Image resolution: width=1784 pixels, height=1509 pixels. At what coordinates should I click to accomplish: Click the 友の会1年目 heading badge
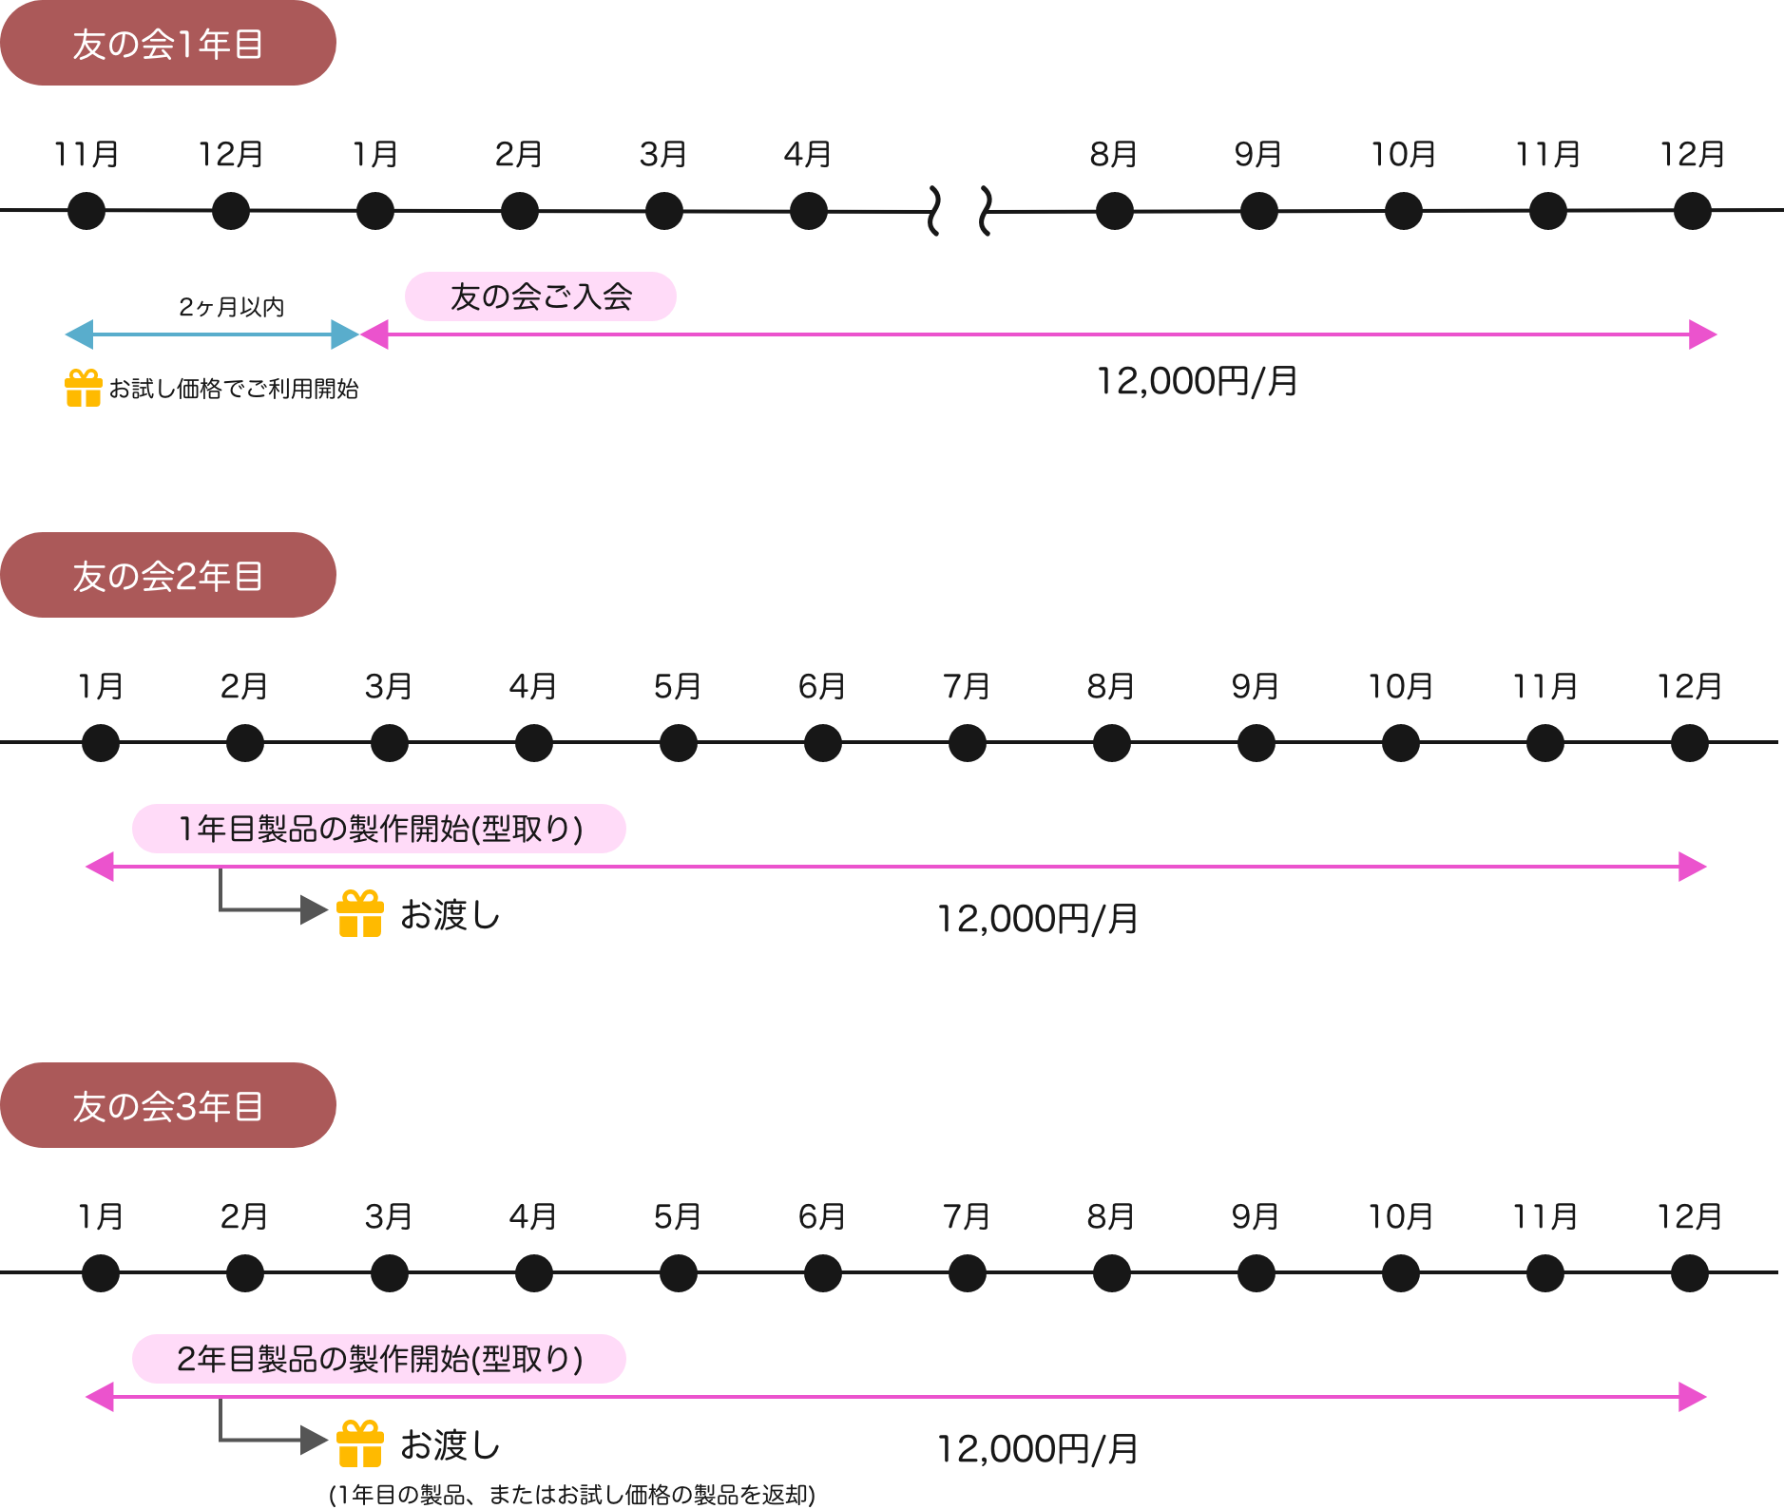[167, 44]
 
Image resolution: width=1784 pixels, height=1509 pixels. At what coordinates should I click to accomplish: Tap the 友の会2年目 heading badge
[167, 575]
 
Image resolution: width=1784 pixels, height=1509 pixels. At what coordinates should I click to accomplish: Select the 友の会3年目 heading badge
[167, 1105]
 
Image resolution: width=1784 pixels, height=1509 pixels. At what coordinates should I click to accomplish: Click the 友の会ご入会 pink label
[540, 296]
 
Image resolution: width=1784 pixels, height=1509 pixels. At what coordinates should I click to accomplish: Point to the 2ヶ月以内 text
[232, 307]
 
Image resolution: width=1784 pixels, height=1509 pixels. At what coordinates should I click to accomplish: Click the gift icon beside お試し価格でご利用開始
[84, 388]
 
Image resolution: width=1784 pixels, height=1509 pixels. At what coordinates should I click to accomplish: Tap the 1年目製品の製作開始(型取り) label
[378, 829]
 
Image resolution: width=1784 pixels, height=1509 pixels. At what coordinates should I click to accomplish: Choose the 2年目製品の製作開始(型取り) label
[378, 1359]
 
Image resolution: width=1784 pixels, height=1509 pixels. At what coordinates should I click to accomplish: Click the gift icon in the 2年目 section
[360, 913]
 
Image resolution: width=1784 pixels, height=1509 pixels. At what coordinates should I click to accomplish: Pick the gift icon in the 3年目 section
[360, 1443]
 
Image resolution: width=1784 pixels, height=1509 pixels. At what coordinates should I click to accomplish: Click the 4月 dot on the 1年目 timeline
[808, 211]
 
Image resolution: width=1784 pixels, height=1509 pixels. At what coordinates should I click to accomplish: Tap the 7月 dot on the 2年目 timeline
[967, 742]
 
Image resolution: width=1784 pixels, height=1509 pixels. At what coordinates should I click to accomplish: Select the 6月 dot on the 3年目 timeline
[822, 1273]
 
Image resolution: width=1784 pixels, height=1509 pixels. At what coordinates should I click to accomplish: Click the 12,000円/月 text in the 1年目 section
[1197, 382]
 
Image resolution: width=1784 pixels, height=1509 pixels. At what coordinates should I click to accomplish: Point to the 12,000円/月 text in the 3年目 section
[1037, 1449]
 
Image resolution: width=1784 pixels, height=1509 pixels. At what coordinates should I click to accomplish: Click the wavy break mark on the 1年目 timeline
[959, 211]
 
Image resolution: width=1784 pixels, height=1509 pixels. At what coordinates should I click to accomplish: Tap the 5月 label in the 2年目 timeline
[677, 686]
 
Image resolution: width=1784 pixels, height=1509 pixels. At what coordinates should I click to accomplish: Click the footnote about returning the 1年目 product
[572, 1495]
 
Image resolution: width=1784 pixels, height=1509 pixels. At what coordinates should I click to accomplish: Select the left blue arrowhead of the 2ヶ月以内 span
[78, 334]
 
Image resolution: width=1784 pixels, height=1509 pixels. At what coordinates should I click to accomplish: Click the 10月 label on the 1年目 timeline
[1403, 154]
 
